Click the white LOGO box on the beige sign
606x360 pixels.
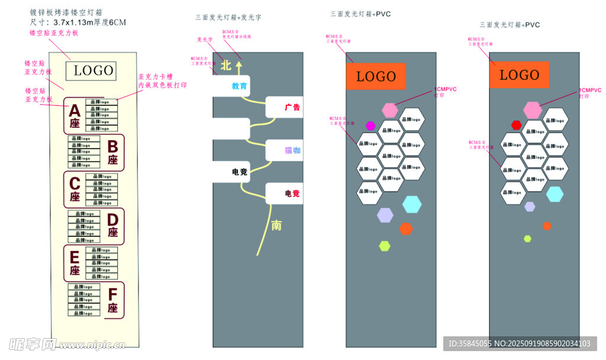tap(94, 70)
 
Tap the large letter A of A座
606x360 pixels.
tap(75, 111)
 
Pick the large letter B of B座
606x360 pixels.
tap(112, 146)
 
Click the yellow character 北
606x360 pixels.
tap(225, 66)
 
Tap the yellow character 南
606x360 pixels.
tap(276, 225)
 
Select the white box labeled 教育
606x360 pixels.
tap(232, 86)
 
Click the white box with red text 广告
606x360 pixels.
tap(284, 107)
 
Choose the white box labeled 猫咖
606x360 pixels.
tap(284, 150)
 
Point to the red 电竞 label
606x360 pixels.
tap(285, 194)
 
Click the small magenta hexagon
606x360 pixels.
tap(370, 126)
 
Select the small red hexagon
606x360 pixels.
tap(516, 125)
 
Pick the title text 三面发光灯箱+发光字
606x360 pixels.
tap(228, 18)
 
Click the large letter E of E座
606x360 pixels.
tap(75, 258)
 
